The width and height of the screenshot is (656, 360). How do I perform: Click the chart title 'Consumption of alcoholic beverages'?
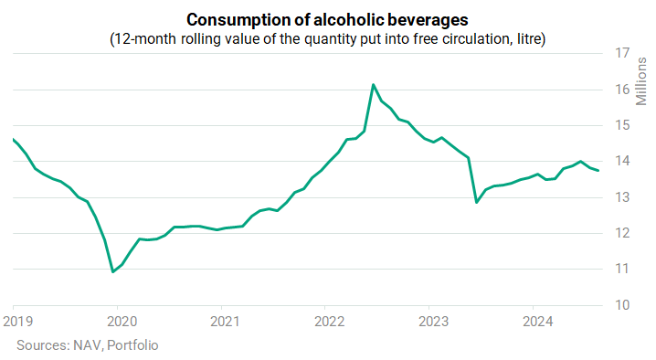click(x=327, y=20)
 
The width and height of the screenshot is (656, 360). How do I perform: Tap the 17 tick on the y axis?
click(x=622, y=53)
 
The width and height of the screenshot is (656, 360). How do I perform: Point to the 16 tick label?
click(x=622, y=90)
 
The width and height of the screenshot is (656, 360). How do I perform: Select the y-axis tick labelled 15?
click(x=622, y=125)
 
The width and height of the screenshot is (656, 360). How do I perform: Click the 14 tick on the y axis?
click(x=622, y=161)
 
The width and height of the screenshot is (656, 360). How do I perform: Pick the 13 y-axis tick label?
click(x=622, y=197)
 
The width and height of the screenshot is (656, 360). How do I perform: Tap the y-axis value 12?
click(x=622, y=233)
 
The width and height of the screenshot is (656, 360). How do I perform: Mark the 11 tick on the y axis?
click(x=622, y=269)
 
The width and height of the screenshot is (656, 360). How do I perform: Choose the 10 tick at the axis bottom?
click(x=622, y=305)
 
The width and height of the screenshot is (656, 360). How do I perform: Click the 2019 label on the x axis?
click(x=18, y=322)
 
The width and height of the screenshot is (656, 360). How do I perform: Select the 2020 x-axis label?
click(x=122, y=322)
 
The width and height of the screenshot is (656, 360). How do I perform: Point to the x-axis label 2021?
click(x=225, y=322)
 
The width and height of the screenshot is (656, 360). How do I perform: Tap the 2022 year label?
click(x=329, y=322)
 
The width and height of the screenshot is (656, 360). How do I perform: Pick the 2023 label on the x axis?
click(x=433, y=322)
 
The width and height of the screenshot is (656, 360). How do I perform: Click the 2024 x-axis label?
click(x=537, y=322)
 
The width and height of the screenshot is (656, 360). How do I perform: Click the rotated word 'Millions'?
click(x=641, y=81)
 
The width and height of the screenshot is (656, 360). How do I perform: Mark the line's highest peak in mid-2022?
click(x=373, y=85)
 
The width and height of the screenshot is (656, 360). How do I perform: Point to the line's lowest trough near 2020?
click(x=113, y=272)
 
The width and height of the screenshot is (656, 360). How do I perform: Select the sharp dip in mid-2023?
click(x=477, y=203)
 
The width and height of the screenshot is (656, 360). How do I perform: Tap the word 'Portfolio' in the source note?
click(x=132, y=345)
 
